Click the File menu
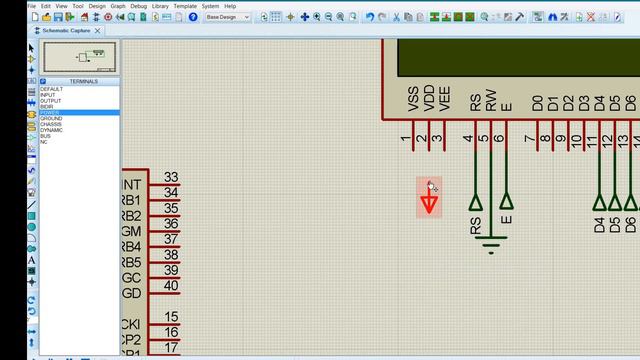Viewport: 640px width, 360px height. (x=32, y=6)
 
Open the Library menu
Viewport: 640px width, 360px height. (x=160, y=6)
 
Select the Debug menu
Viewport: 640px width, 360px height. (x=137, y=6)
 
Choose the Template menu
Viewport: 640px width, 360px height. (x=185, y=6)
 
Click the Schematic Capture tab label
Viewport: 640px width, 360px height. (x=68, y=31)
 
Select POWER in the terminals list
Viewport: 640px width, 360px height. (x=50, y=113)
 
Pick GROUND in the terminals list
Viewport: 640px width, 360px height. (x=52, y=119)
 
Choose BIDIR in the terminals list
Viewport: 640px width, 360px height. (x=47, y=107)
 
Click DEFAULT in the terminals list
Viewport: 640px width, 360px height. (x=51, y=89)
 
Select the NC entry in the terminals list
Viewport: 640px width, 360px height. (x=44, y=142)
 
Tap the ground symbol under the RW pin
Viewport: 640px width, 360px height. (x=491, y=241)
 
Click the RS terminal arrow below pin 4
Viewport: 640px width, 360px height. (x=475, y=202)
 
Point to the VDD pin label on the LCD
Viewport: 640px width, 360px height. (x=429, y=99)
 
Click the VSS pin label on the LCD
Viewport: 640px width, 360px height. (x=413, y=99)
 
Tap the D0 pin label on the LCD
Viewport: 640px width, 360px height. (x=537, y=102)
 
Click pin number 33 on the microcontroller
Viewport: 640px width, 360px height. (x=171, y=177)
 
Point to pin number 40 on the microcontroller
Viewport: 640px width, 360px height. (x=171, y=286)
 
